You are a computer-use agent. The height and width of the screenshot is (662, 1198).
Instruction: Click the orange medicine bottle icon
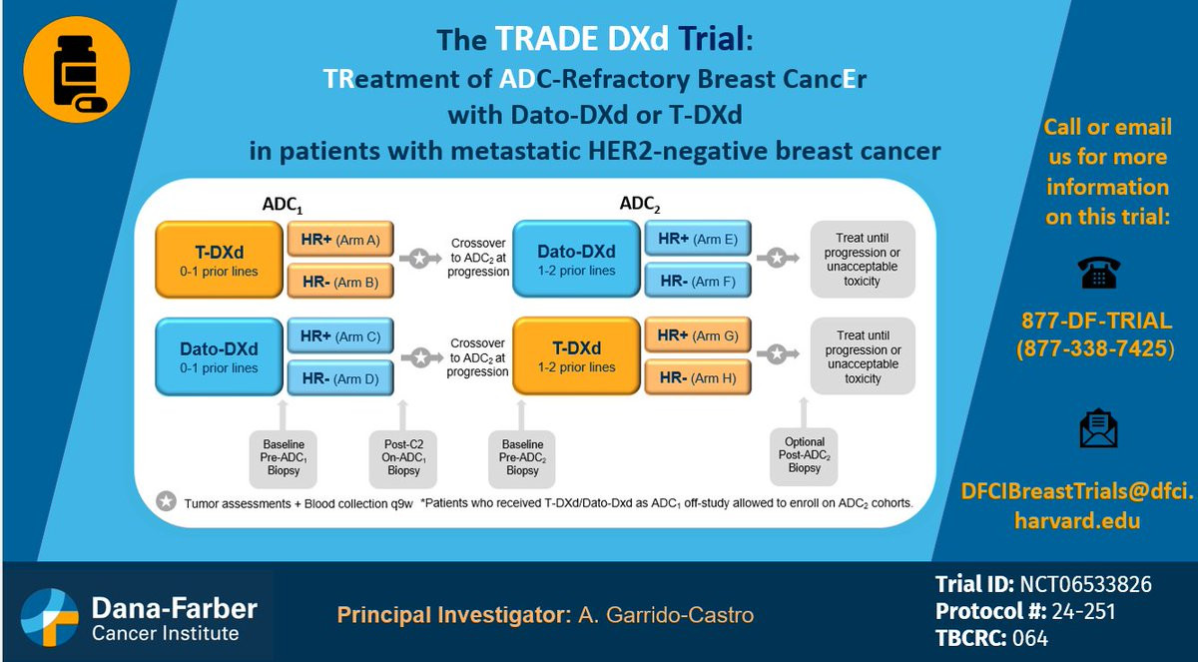[x=77, y=70]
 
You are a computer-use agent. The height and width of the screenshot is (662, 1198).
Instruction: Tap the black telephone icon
[x=1098, y=273]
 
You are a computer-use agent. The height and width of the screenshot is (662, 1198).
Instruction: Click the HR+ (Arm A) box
[x=340, y=239]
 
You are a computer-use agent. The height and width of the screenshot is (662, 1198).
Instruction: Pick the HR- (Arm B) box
[x=340, y=281]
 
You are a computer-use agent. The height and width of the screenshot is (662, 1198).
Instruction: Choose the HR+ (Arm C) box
[x=340, y=335]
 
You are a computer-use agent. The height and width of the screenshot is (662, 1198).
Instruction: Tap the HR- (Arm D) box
[x=340, y=378]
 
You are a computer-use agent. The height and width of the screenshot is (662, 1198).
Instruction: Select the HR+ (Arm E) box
[x=698, y=238]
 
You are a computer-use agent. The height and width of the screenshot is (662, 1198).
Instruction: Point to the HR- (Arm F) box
[x=698, y=281]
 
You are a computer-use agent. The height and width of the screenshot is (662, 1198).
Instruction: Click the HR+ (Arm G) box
[x=698, y=334]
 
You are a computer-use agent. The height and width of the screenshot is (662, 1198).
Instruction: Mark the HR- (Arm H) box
[x=698, y=377]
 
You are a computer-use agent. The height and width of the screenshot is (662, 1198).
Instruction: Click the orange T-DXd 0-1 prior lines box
[x=220, y=260]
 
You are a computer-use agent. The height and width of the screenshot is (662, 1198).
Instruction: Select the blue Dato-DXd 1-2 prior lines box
[x=577, y=259]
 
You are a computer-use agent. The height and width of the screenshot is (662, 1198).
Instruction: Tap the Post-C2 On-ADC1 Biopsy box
[x=403, y=458]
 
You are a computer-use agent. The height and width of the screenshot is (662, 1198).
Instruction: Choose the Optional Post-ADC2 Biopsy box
[x=804, y=456]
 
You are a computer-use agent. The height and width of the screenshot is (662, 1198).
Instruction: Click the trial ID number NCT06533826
[x=1086, y=584]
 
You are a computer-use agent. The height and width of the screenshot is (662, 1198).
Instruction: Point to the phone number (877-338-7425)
[x=1096, y=348]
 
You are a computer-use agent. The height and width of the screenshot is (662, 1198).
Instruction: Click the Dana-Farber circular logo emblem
[x=50, y=617]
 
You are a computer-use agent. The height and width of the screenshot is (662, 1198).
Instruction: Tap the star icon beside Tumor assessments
[x=167, y=501]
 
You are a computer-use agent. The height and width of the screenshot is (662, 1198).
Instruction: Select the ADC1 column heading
[x=283, y=205]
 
